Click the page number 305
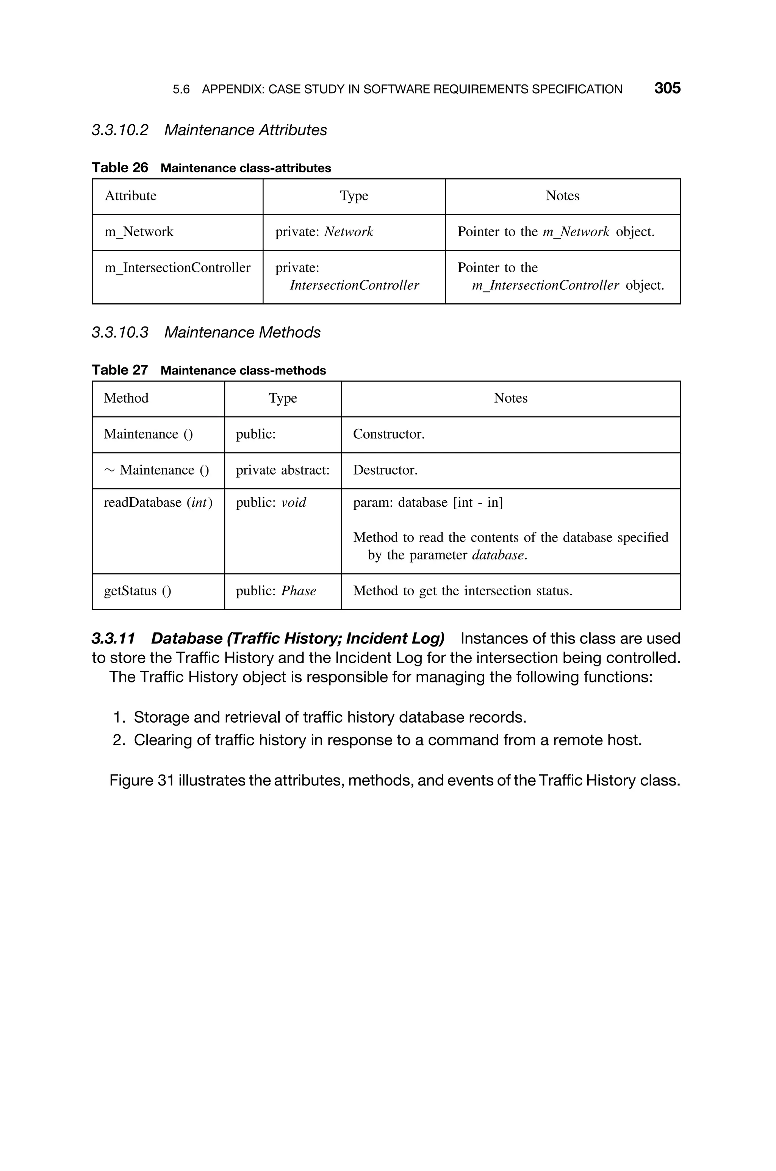[667, 88]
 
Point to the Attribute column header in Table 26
[131, 196]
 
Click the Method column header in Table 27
[126, 398]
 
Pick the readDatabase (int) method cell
[158, 503]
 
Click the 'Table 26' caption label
[120, 168]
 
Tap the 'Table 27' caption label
[120, 370]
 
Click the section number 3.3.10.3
[120, 332]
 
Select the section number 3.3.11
[113, 639]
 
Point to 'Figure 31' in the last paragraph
[141, 780]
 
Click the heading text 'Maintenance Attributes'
[246, 130]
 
